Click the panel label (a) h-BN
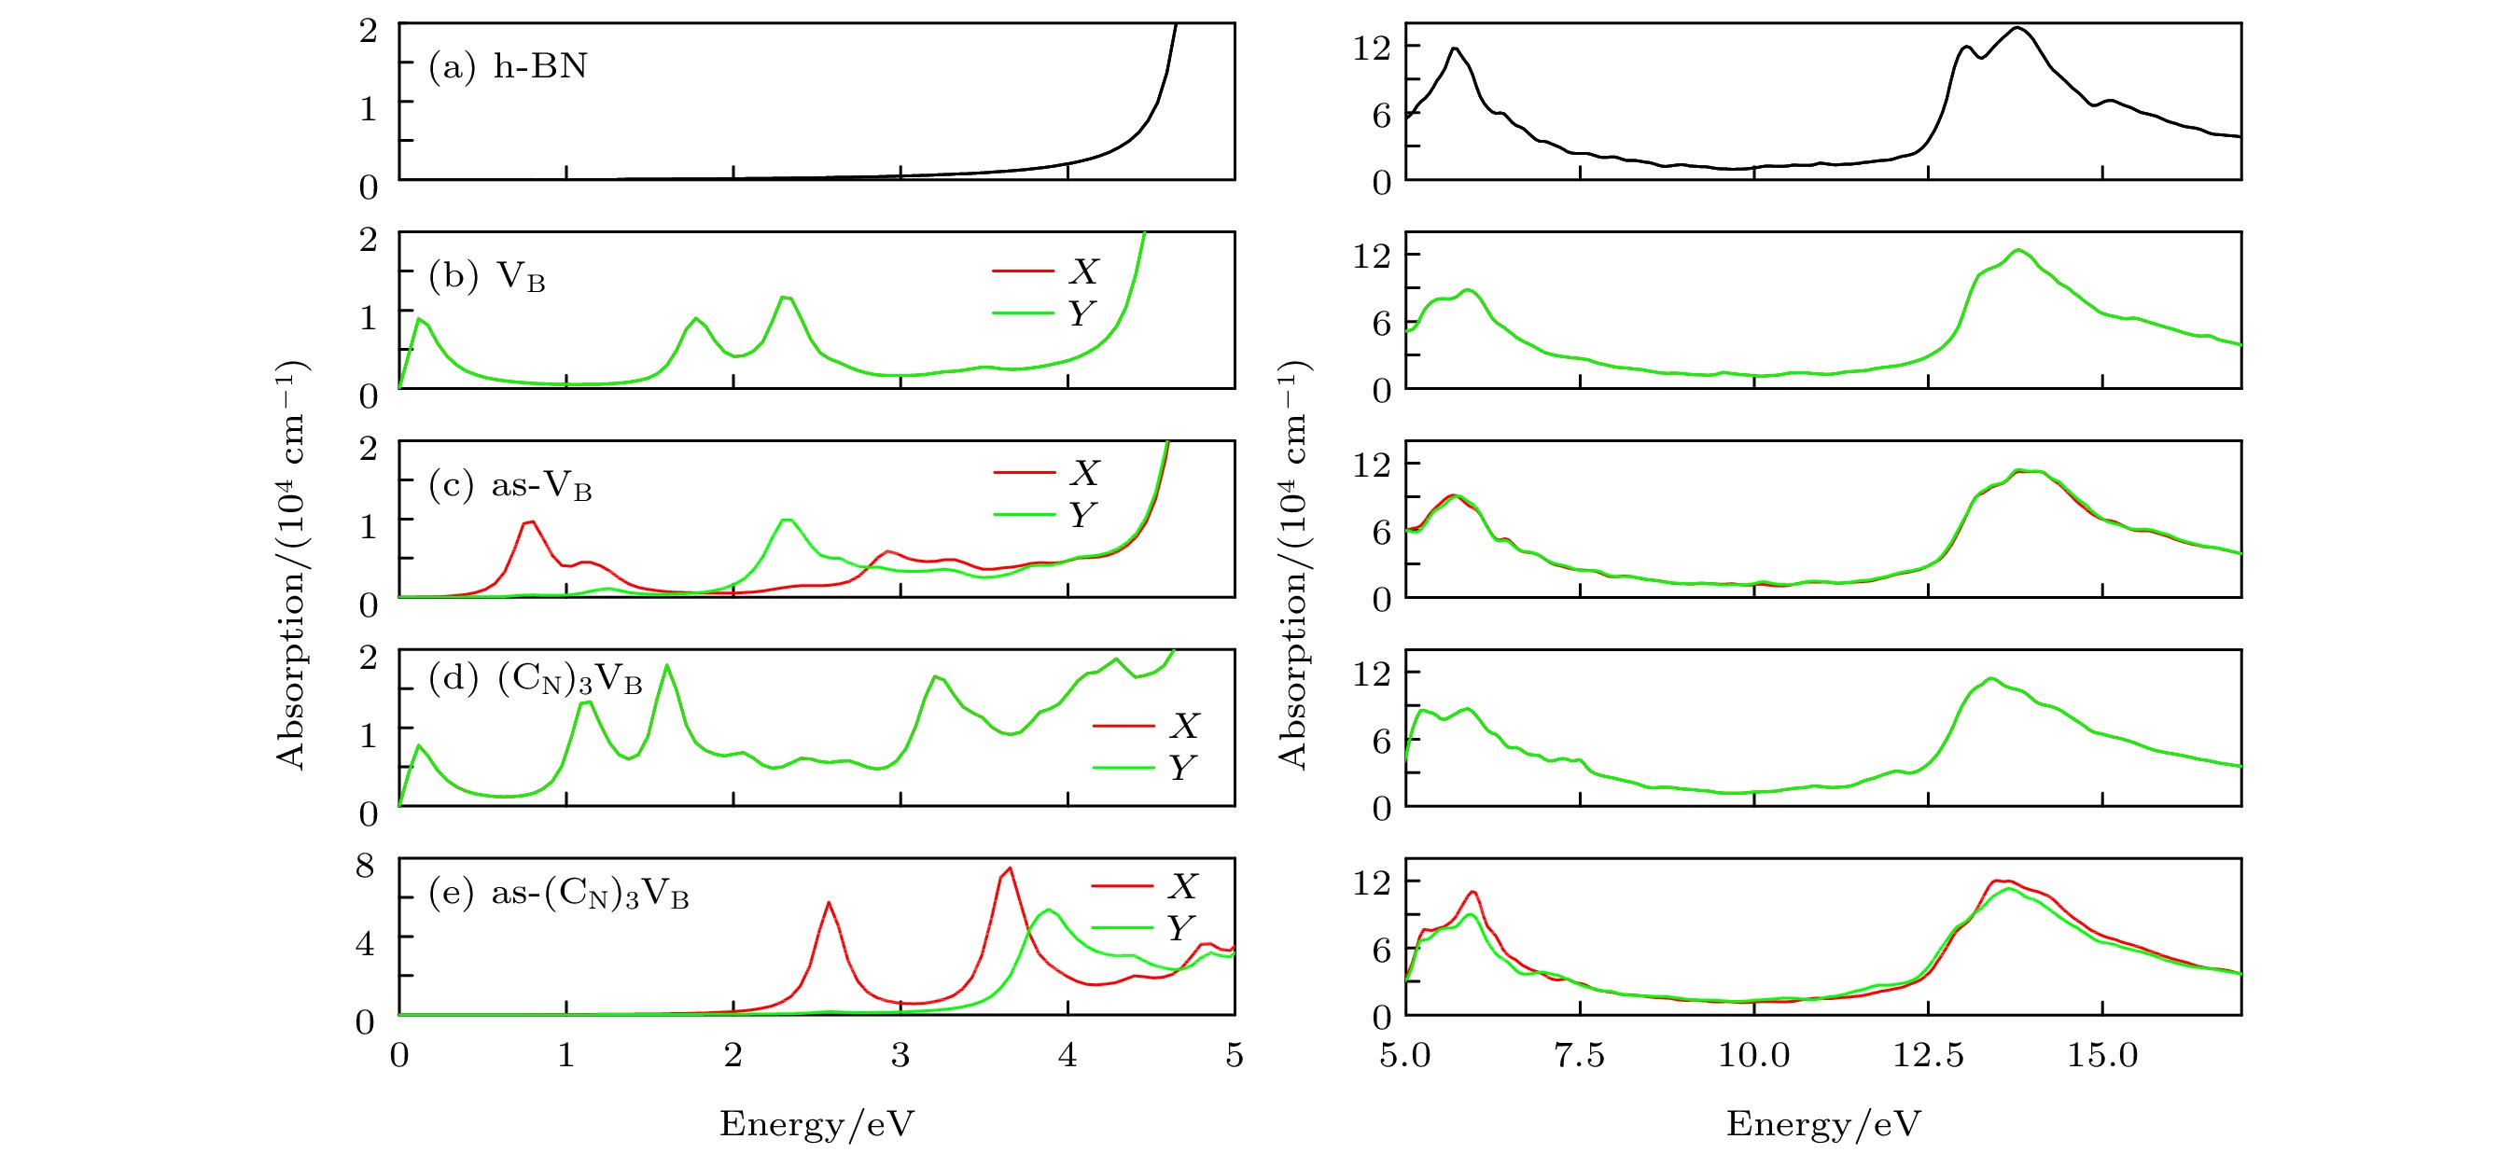[509, 66]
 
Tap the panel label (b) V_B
[487, 277]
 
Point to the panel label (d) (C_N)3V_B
[536, 679]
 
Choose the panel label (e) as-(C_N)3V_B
[559, 892]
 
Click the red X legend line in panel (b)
[1023, 271]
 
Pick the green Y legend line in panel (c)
[1024, 514]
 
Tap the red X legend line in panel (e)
[1122, 885]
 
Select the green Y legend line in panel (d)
[1123, 768]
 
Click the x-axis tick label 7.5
[1579, 1055]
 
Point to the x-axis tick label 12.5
[1928, 1055]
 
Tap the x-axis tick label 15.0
[2102, 1055]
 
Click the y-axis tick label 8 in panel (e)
[365, 865]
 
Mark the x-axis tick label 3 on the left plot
[900, 1055]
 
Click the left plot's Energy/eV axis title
[816, 1124]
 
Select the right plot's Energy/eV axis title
[1823, 1124]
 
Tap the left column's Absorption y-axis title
[291, 564]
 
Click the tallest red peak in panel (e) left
[1010, 868]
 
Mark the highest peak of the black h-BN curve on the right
[2017, 27]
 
